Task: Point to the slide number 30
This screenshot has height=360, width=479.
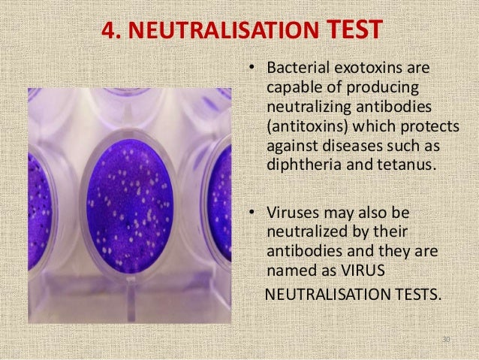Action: (x=446, y=340)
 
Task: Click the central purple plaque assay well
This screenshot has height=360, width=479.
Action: (x=130, y=203)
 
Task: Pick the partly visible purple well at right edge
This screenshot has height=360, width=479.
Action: (x=220, y=203)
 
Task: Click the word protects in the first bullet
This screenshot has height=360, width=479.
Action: (x=426, y=125)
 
